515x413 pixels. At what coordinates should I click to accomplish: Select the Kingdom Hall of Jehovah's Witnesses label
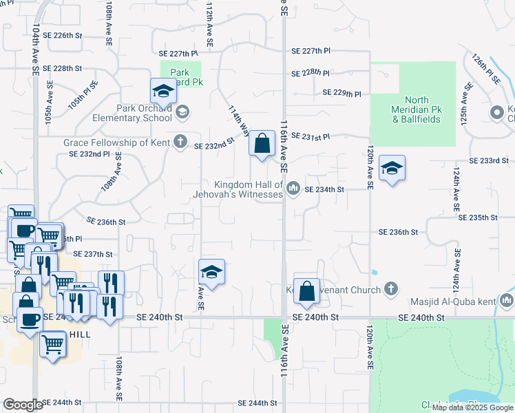(x=249, y=189)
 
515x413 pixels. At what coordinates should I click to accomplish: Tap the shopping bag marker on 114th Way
(x=262, y=145)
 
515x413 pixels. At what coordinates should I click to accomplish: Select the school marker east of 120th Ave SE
(x=392, y=168)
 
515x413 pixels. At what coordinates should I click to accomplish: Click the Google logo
(x=22, y=405)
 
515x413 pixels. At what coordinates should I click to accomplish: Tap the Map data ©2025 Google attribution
(x=472, y=407)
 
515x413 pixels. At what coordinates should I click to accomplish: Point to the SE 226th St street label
(x=62, y=35)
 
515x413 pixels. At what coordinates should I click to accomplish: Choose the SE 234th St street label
(x=324, y=189)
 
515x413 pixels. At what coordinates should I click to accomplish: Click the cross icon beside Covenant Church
(x=391, y=289)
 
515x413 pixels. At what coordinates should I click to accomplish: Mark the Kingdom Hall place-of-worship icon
(x=293, y=188)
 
